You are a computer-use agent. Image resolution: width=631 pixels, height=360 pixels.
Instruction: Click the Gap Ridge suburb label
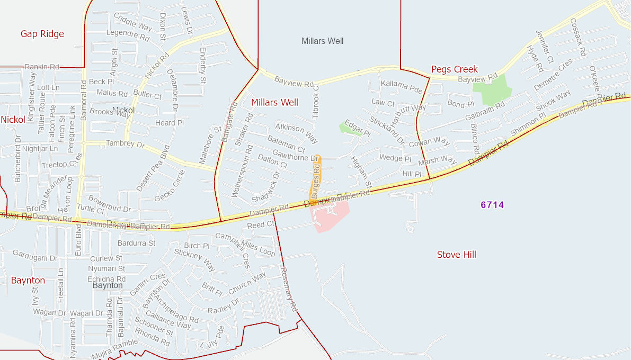[x=42, y=34]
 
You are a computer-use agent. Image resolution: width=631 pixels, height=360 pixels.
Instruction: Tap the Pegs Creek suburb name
[x=454, y=69]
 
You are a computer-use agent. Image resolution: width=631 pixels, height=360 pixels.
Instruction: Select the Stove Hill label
[x=456, y=255]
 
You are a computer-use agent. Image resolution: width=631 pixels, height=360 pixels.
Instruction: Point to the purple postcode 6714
[x=492, y=205]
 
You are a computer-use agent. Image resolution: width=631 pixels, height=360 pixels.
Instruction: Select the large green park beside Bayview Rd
[x=492, y=89]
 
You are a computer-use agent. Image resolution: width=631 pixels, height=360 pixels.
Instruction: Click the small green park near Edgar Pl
[x=349, y=128]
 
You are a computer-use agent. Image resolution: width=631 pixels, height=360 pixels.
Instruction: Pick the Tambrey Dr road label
[x=125, y=144]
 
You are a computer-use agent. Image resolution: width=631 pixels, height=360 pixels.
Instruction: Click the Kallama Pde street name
[x=401, y=87]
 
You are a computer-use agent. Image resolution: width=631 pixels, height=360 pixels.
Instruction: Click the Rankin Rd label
[x=42, y=67]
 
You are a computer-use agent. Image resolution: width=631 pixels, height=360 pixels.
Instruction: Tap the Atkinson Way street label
[x=297, y=133]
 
